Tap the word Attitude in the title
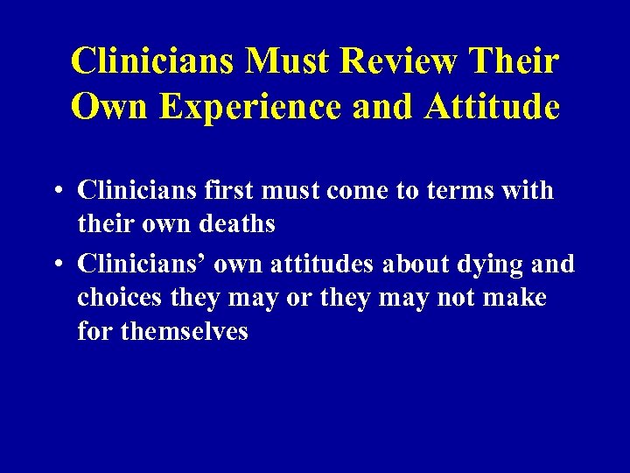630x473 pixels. click(492, 107)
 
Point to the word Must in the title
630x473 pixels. click(284, 60)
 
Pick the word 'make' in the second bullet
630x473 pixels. click(517, 298)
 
